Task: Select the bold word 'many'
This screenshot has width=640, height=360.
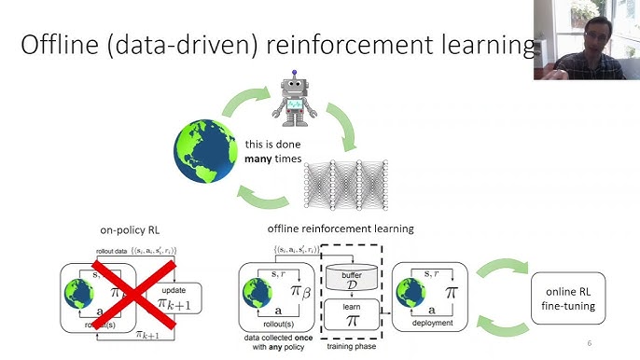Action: [x=262, y=160]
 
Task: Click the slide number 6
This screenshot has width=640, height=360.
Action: [x=590, y=341]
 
